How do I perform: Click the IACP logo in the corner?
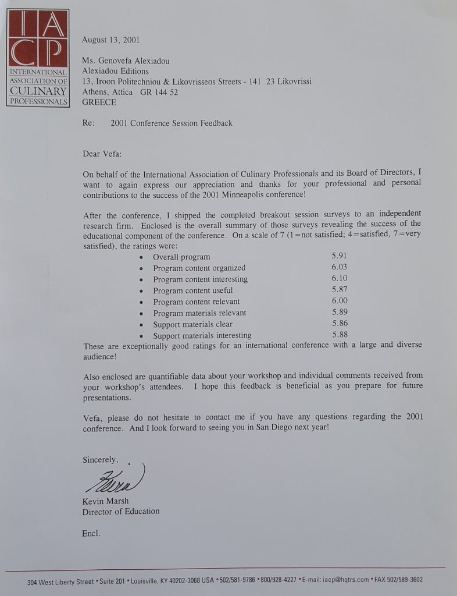click(x=38, y=57)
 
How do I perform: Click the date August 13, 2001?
click(x=110, y=40)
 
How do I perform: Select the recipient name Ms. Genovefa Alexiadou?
click(x=126, y=61)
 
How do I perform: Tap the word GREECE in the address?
click(x=99, y=102)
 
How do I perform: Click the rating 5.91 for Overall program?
click(x=340, y=256)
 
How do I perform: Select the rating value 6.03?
click(x=340, y=267)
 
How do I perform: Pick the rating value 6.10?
click(x=340, y=279)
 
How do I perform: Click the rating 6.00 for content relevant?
click(x=340, y=301)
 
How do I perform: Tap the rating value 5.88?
click(x=340, y=335)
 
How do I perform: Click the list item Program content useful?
click(x=192, y=290)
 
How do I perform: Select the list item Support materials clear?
click(x=192, y=324)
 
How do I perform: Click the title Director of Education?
click(x=121, y=511)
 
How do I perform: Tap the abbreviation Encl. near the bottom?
click(x=91, y=533)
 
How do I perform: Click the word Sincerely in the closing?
click(x=100, y=459)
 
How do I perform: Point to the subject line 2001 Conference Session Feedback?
click(x=171, y=123)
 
